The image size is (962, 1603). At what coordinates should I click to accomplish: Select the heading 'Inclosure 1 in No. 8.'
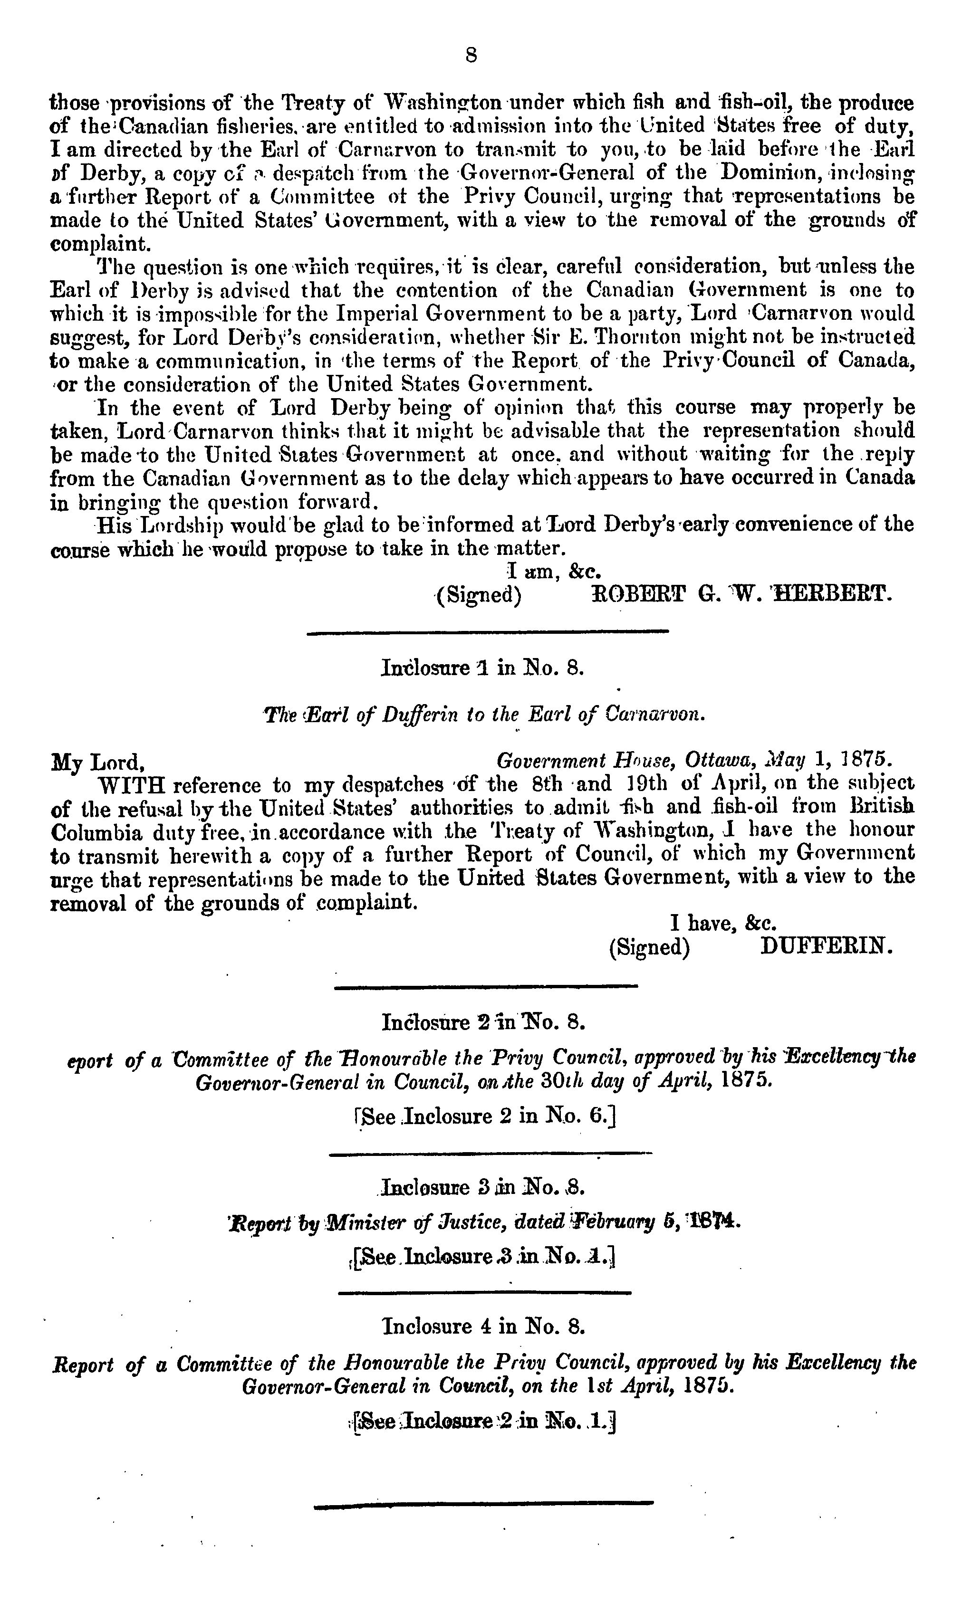click(x=483, y=668)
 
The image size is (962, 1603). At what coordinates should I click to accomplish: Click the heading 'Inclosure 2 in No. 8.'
click(x=483, y=1022)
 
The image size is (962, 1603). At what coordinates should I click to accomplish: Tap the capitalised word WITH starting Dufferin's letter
click(x=128, y=785)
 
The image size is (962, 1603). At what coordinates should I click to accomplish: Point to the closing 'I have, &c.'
click(x=723, y=922)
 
